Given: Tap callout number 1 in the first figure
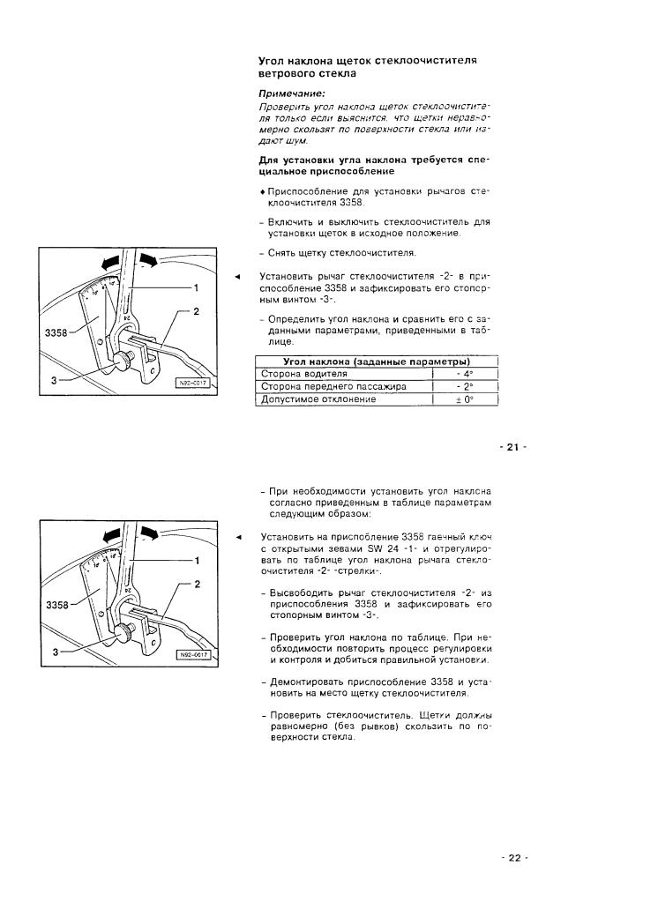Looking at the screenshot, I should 196,287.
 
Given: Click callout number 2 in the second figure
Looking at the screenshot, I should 196,585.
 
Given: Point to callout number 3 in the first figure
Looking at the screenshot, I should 55,380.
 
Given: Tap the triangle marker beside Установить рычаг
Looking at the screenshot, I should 236,277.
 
